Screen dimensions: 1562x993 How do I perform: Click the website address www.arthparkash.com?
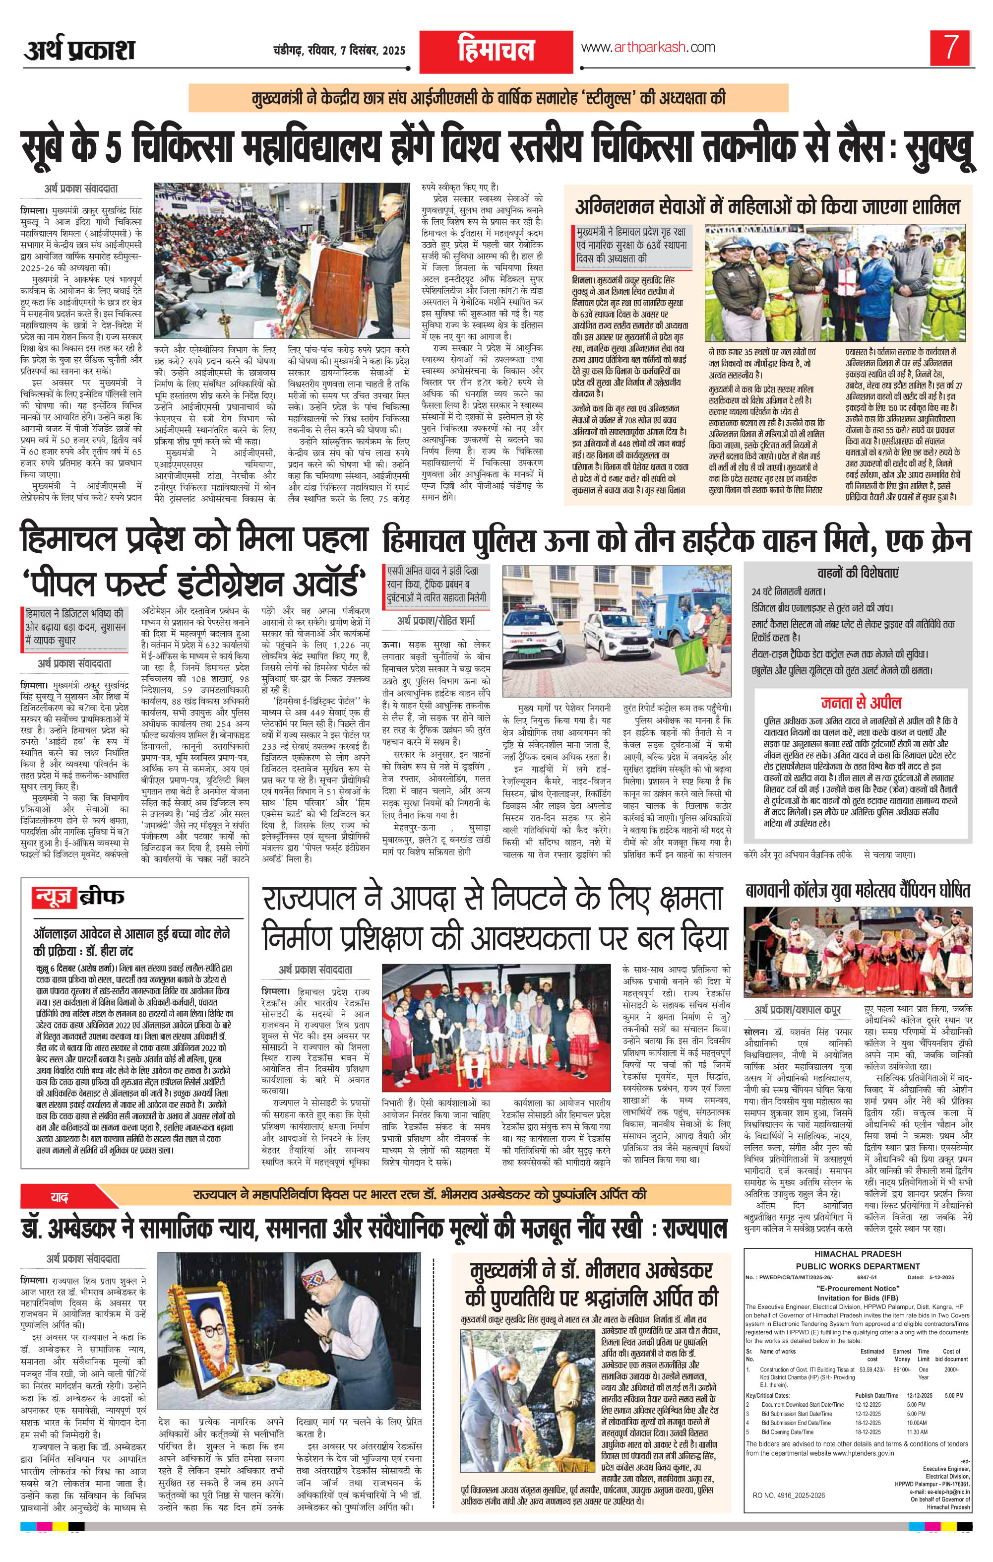pyautogui.click(x=647, y=47)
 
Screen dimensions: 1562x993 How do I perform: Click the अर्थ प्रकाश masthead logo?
pyautogui.click(x=79, y=50)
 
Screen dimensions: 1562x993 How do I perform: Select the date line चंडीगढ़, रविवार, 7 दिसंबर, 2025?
pyautogui.click(x=339, y=51)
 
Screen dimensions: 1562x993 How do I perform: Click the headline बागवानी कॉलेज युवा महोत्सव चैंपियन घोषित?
pyautogui.click(x=858, y=891)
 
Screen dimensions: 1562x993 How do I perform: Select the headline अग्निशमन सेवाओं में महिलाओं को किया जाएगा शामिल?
pyautogui.click(x=768, y=207)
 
